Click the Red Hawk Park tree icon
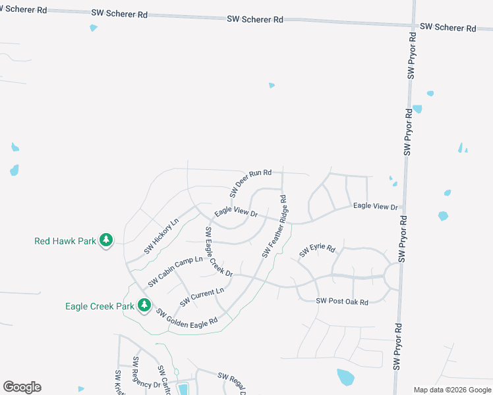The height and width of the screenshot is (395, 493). (106, 240)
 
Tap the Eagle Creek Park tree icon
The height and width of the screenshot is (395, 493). (144, 305)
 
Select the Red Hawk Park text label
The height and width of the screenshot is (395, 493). (65, 241)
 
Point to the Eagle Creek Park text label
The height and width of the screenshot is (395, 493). (100, 306)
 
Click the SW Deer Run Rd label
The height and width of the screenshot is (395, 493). (250, 183)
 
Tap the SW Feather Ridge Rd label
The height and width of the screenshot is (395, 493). (275, 226)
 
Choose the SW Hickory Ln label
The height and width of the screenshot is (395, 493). (161, 237)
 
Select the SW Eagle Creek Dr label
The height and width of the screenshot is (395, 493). (218, 251)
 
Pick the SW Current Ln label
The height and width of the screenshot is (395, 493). (202, 297)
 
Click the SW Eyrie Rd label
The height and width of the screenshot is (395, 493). (318, 251)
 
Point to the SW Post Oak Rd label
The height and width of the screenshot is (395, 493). (341, 301)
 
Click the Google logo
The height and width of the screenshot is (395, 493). (22, 387)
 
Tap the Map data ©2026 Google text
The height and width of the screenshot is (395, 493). (453, 390)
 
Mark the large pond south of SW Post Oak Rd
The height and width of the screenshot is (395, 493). (345, 377)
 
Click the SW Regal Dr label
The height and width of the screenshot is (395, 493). (231, 382)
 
